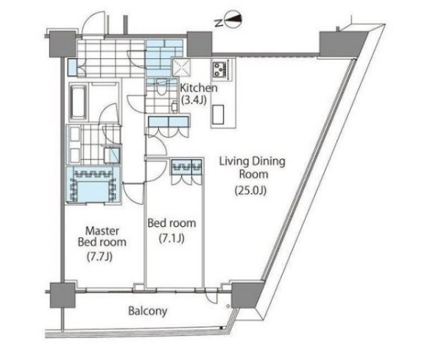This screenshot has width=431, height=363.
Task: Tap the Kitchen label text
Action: click(x=199, y=88)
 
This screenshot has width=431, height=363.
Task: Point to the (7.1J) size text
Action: click(x=171, y=239)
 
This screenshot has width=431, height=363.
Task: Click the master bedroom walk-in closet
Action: click(x=90, y=184)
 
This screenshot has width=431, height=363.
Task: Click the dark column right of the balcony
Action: click(x=242, y=295)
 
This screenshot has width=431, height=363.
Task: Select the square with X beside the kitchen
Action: click(x=182, y=68)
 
